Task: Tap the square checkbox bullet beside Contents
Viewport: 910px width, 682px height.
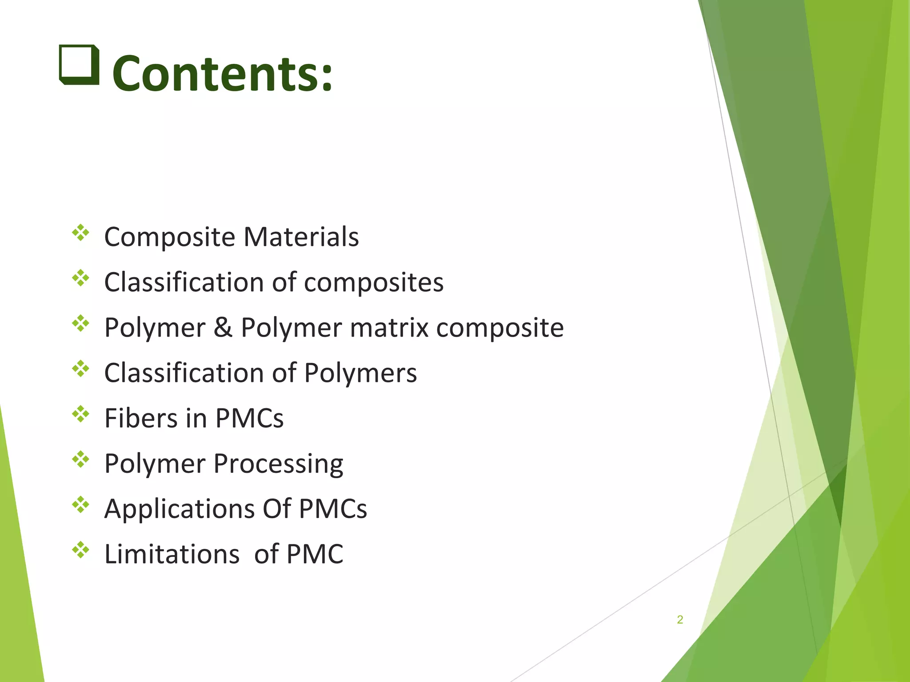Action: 79,65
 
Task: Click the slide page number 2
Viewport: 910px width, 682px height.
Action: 680,619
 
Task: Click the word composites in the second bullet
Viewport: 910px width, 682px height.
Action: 374,282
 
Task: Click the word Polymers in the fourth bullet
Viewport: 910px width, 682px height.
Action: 360,373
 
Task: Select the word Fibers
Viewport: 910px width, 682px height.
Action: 141,418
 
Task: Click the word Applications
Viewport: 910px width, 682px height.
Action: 179,509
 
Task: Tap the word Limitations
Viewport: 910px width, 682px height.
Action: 172,554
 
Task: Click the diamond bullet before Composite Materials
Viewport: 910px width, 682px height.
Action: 81,233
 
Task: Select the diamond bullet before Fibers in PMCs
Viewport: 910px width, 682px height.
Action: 81,414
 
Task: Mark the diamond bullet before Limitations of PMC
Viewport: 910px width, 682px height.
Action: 81,550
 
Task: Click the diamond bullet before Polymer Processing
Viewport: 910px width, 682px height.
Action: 81,459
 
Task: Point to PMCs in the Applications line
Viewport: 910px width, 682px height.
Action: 333,509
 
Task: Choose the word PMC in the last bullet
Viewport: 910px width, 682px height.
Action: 315,554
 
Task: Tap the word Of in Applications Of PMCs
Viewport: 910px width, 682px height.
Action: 277,509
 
